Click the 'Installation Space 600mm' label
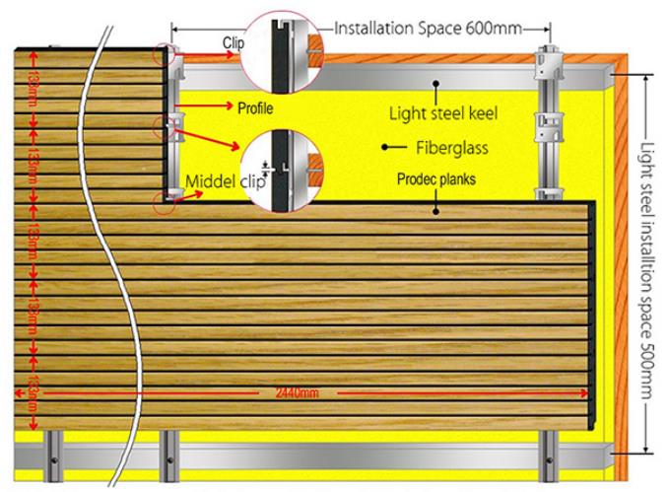click(426, 28)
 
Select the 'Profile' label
click(255, 107)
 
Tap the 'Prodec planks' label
click(437, 181)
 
